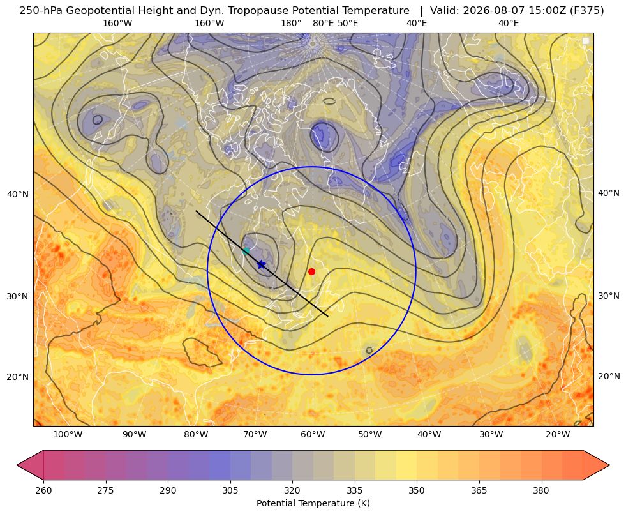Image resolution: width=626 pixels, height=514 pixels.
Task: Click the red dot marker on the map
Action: tap(311, 271)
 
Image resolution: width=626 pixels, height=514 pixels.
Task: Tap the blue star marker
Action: tap(261, 264)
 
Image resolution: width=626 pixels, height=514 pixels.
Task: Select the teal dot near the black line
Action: tap(246, 251)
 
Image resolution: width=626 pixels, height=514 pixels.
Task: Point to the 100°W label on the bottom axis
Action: tap(68, 434)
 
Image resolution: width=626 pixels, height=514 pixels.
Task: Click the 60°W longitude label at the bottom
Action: tap(313, 434)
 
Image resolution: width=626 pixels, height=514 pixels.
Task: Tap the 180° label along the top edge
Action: tap(291, 23)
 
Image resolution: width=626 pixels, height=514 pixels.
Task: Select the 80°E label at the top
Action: tap(323, 23)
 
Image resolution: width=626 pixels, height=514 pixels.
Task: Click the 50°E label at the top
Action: tap(348, 23)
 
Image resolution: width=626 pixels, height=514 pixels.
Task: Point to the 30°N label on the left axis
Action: tap(18, 296)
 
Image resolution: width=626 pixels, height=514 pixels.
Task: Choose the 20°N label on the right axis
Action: tap(609, 376)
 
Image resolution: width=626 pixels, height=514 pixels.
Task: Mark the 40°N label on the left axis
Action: tap(18, 194)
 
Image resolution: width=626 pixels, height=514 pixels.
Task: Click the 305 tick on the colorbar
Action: tap(230, 490)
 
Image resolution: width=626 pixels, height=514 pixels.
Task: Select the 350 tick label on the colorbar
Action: tap(417, 490)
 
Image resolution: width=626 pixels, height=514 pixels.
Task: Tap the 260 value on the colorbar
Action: tap(43, 490)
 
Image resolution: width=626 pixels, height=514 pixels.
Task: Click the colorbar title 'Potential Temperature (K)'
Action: tap(313, 503)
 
